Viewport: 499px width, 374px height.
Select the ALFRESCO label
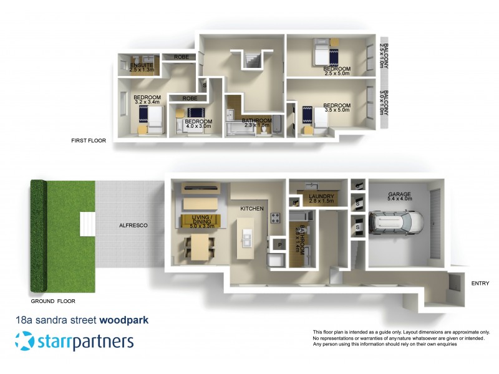point(133,225)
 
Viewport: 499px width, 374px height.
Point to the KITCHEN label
point(253,208)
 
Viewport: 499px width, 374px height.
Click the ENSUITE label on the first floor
point(142,65)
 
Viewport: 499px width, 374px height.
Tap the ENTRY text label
point(480,284)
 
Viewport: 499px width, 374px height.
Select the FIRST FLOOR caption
point(89,141)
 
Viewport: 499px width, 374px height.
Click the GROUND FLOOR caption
point(53,300)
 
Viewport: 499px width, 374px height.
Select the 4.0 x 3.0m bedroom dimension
point(198,127)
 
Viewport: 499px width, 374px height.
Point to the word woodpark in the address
point(124,320)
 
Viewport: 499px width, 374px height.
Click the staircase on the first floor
point(253,60)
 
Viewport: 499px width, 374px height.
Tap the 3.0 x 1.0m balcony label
point(385,107)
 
